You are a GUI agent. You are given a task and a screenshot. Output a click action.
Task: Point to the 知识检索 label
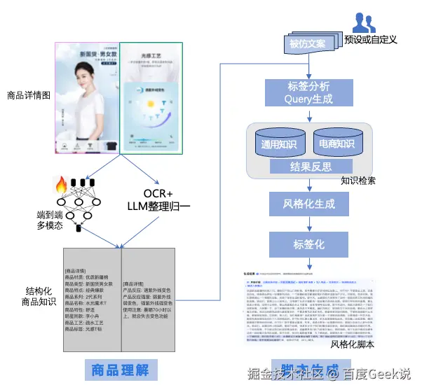pos(358,181)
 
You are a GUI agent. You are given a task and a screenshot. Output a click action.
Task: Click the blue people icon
pos(363,22)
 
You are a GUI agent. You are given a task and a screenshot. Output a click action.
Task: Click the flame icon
pos(60,186)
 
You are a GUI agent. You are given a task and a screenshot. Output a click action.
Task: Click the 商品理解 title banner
pos(118,370)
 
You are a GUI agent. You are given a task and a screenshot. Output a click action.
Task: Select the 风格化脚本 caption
pos(353,344)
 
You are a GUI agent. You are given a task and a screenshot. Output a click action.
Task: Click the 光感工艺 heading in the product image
pos(152,52)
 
